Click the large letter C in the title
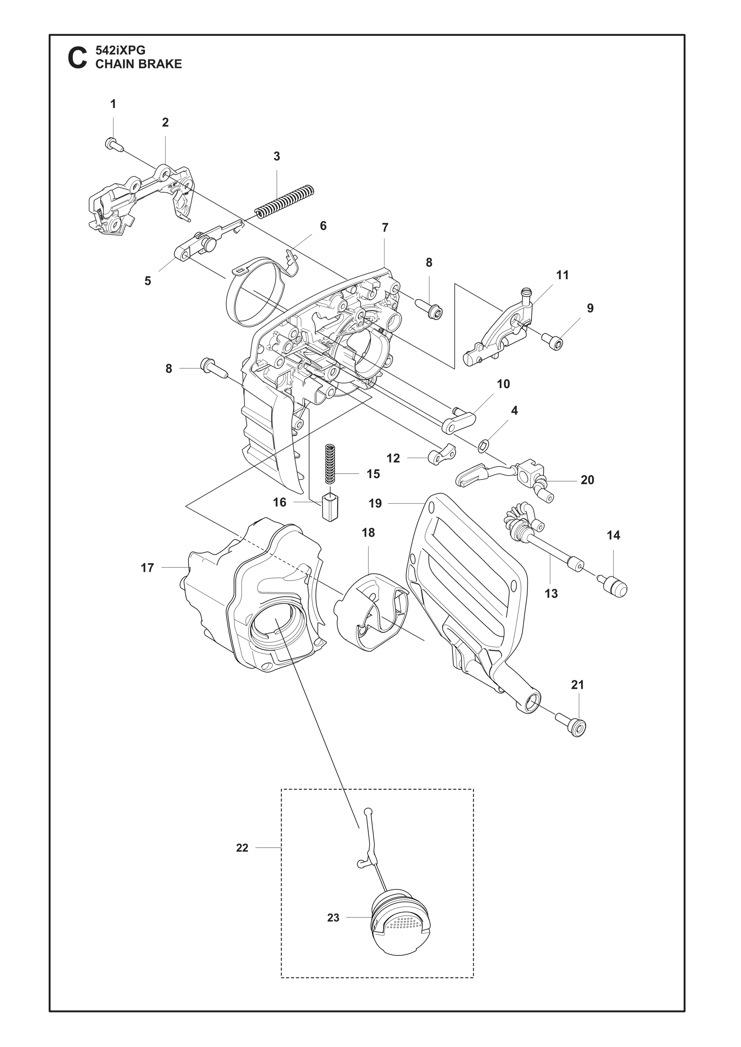coord(77,58)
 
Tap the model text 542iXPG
coord(120,50)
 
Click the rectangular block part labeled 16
coord(329,507)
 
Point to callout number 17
coord(147,568)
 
